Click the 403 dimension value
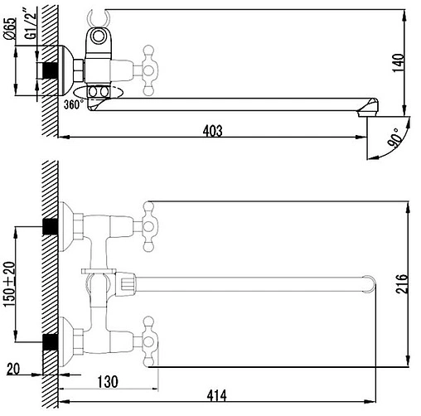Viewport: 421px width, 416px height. click(x=212, y=131)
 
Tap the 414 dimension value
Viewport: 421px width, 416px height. click(x=217, y=395)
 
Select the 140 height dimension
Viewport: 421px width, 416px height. click(x=398, y=63)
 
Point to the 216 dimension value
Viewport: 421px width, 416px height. click(x=402, y=283)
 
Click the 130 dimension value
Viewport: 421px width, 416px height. click(x=108, y=382)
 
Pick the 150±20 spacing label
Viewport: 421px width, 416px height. click(x=10, y=284)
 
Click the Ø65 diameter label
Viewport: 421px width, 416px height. click(x=11, y=28)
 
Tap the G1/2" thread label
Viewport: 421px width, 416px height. click(x=31, y=26)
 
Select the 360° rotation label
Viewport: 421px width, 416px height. click(x=74, y=104)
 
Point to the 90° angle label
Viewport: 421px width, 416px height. click(x=394, y=138)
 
